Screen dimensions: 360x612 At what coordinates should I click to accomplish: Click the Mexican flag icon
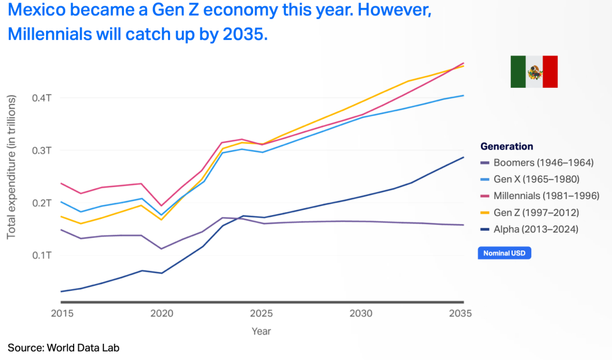534,72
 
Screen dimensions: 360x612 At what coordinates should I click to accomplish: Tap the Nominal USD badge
504,254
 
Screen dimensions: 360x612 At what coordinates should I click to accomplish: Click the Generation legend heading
507,147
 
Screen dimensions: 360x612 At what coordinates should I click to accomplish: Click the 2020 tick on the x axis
162,314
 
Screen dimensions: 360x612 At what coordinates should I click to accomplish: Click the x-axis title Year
261,331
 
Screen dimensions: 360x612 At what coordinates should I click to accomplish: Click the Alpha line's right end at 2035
464,157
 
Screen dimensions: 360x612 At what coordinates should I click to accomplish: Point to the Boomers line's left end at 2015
61,230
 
